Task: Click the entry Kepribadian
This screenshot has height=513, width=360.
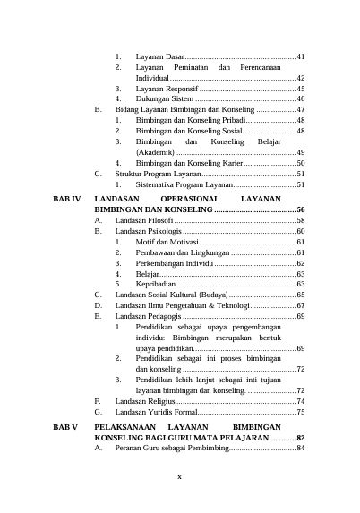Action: point(157,284)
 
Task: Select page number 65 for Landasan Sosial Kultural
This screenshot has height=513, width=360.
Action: point(301,295)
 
